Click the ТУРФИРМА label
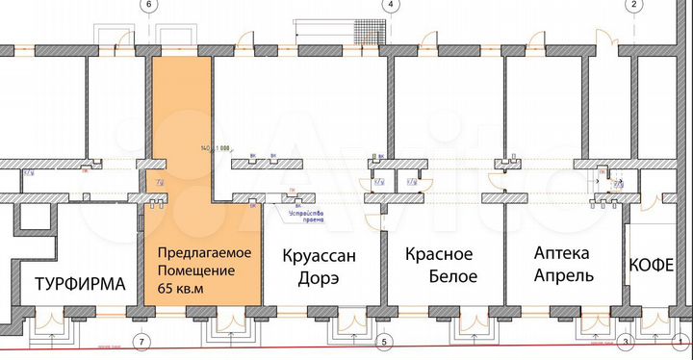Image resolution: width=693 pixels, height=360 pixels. [x=81, y=285]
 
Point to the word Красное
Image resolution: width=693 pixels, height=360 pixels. [x=439, y=255]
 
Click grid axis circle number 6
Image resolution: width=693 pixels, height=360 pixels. [x=148, y=5]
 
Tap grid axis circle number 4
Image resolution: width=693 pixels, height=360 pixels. [x=391, y=5]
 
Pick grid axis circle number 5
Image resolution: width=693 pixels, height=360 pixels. [x=386, y=342]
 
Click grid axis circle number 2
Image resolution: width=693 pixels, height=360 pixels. [x=633, y=5]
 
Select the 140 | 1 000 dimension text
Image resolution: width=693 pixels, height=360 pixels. [x=216, y=149]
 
